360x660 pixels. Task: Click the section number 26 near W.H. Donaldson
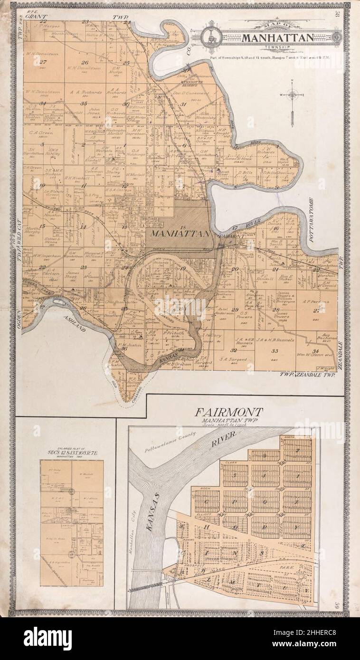click(x=85, y=62)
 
